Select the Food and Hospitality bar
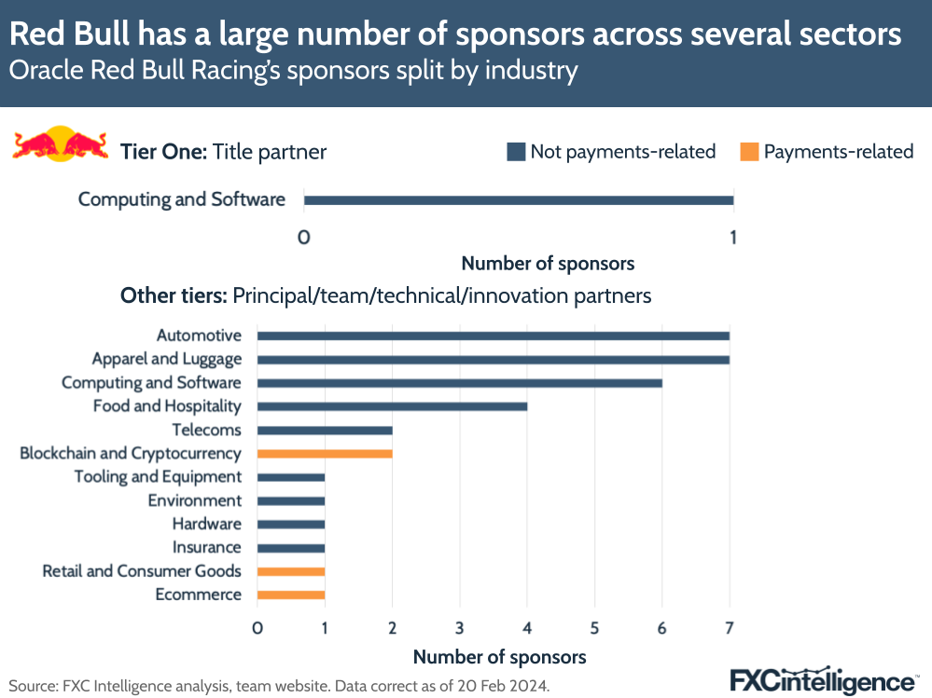(392, 406)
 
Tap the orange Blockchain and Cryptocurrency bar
(325, 454)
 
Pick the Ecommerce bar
(291, 595)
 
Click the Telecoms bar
(325, 430)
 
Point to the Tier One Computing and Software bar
(519, 199)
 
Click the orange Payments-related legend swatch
(749, 152)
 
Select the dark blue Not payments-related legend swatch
(516, 152)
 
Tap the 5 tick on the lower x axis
(594, 629)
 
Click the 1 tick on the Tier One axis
(733, 238)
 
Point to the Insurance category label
(206, 547)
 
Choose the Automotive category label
(199, 335)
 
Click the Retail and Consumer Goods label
(142, 571)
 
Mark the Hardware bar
(291, 524)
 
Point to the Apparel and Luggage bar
(493, 359)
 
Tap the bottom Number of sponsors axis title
(499, 656)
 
